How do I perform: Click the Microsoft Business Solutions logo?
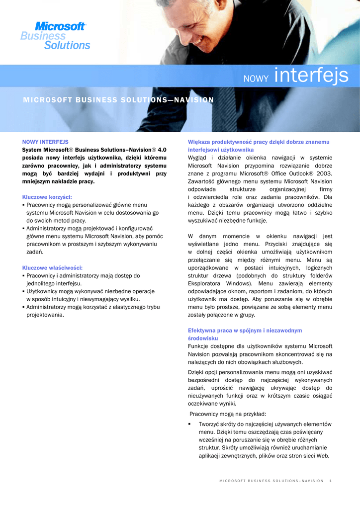coord(55,36)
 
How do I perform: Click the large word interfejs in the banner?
coord(311,76)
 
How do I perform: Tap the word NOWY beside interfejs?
coord(256,78)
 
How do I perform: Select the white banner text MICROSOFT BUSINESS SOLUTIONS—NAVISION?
coord(118,100)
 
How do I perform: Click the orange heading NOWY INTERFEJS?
coord(45,142)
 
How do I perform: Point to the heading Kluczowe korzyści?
coord(47,197)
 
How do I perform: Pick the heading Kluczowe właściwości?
coord(52,267)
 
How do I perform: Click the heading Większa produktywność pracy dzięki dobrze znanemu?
coord(259,142)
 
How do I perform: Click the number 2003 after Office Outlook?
coord(322,173)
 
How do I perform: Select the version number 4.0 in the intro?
coord(162,150)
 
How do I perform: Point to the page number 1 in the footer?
coord(331,481)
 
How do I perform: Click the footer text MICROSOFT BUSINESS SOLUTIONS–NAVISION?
coord(271,481)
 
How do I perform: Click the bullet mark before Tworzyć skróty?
coord(189,424)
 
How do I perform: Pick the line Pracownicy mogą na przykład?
coord(228,414)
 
